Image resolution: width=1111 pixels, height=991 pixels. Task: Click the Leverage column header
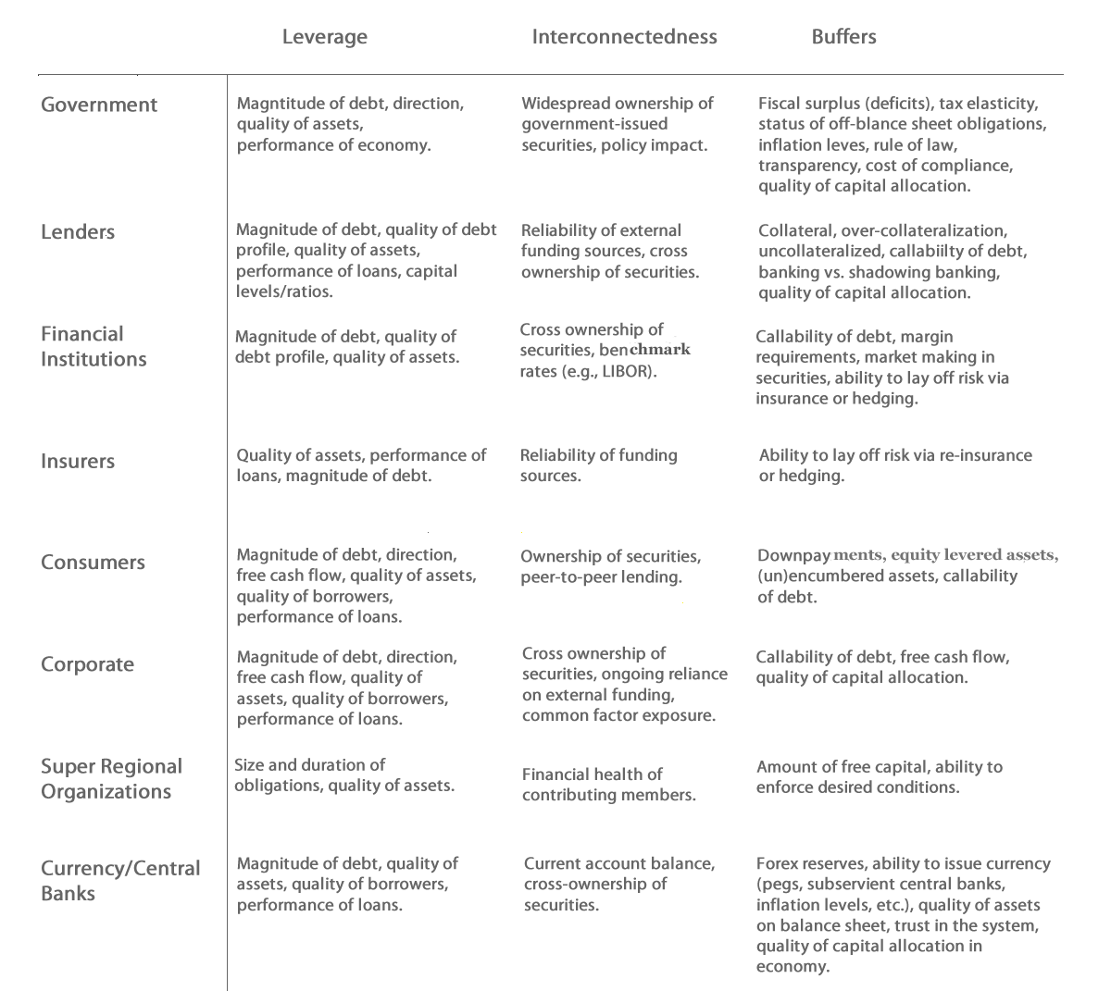tap(324, 37)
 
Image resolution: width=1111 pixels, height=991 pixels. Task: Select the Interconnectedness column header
tap(624, 37)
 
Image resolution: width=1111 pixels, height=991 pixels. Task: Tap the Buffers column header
tap(843, 37)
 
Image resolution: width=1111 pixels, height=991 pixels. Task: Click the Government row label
tap(99, 105)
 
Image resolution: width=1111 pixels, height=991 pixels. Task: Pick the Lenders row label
tap(78, 231)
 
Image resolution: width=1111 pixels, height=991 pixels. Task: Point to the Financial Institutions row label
tap(94, 346)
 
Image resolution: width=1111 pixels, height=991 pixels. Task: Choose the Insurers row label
tap(78, 461)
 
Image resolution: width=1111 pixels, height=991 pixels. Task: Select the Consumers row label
tap(93, 563)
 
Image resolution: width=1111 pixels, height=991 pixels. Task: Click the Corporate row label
tap(87, 664)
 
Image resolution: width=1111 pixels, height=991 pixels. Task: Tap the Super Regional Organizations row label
tap(111, 778)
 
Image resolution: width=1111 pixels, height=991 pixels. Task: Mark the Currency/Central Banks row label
tap(120, 880)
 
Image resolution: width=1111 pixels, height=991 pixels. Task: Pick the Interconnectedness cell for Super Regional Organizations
tap(608, 785)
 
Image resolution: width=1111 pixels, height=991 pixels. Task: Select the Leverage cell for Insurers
tap(361, 465)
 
